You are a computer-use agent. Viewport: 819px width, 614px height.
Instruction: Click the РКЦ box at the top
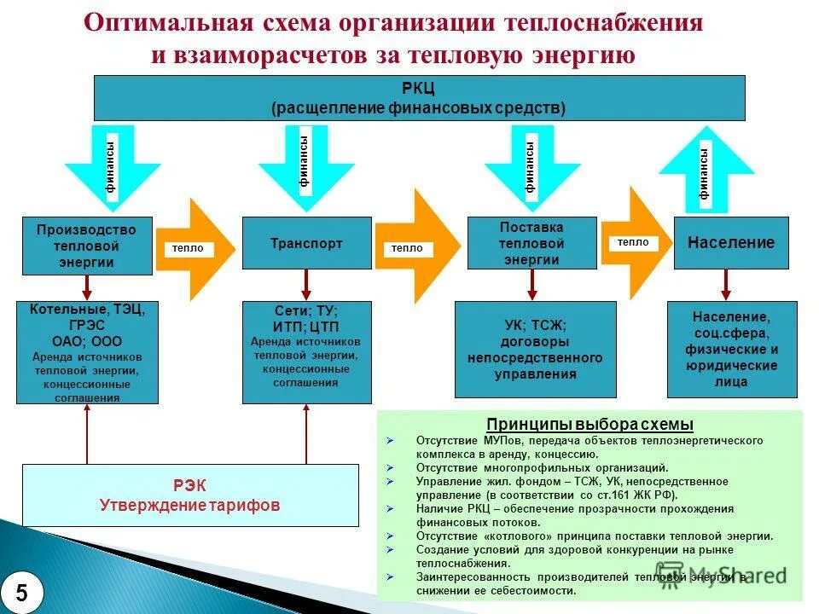coord(418,97)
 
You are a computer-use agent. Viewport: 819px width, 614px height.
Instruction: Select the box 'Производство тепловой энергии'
coord(87,246)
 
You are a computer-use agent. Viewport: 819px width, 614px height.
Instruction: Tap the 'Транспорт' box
coord(306,243)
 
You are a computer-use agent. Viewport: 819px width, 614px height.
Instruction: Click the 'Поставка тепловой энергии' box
coord(531,243)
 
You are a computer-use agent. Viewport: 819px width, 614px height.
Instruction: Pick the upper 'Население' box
coord(731,243)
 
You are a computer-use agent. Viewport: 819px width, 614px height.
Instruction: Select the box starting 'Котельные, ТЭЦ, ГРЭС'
coord(87,352)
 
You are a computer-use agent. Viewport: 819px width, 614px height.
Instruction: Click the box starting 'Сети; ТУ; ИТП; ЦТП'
coord(306,351)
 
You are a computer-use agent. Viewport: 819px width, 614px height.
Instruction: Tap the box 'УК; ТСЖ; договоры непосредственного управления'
coord(535,350)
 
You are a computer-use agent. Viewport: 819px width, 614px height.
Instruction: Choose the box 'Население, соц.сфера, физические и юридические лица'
coord(731,349)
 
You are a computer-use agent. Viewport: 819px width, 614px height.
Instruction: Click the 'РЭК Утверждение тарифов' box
coord(189,495)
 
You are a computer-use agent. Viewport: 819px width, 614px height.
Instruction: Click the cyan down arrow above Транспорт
coord(305,166)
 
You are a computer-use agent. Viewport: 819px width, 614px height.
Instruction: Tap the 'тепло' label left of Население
coord(632,242)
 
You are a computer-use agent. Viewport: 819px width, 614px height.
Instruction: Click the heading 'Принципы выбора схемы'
coord(590,425)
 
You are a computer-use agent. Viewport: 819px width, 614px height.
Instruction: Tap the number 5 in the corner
coord(21,593)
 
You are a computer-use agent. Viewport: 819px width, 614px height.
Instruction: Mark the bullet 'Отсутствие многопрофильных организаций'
coord(542,468)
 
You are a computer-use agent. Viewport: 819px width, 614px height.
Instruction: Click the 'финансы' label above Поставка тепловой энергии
coord(530,166)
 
